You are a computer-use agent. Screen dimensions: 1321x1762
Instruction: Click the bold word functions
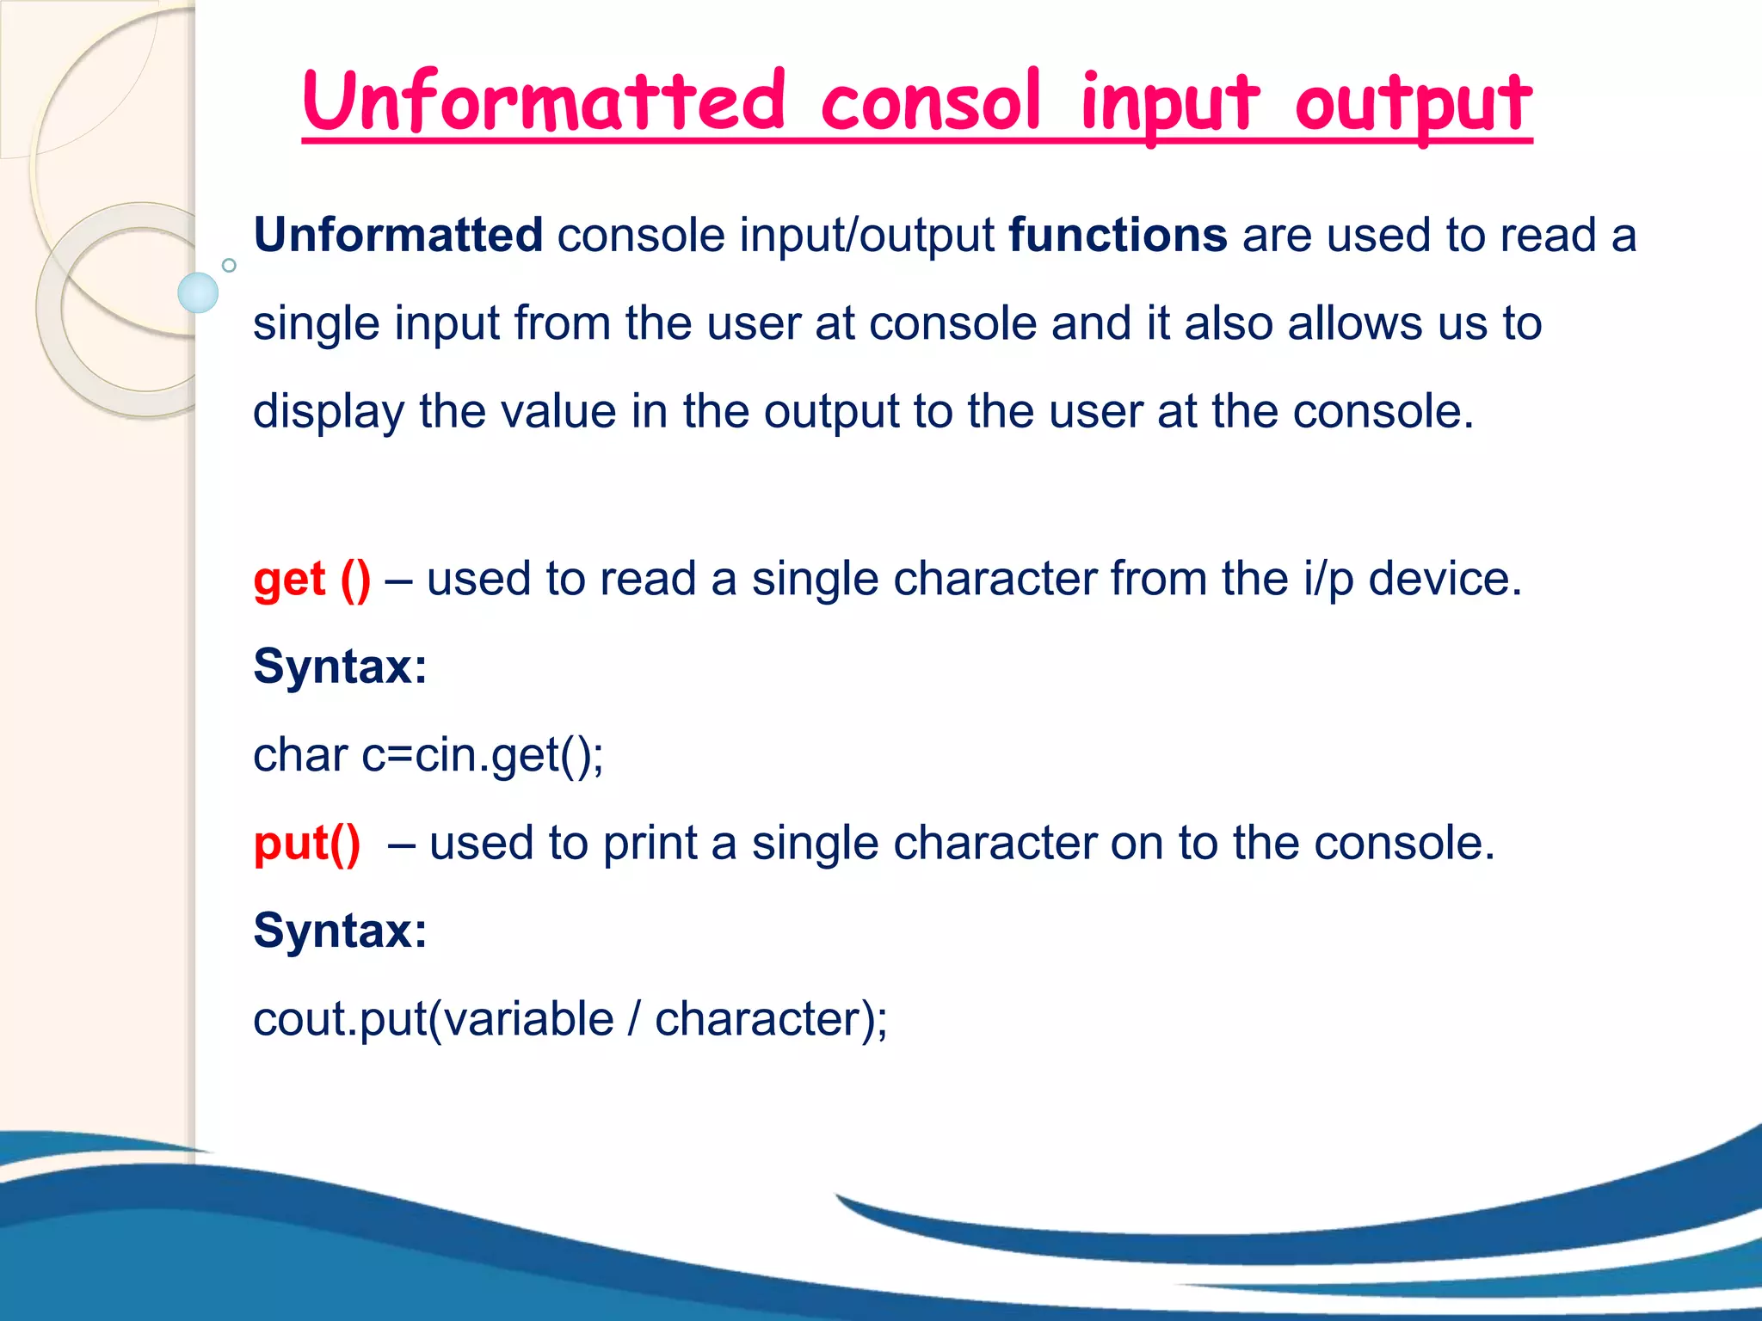[x=1118, y=235]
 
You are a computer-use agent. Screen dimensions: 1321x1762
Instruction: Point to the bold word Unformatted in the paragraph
[x=398, y=235]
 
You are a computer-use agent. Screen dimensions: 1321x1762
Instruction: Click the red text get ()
[x=312, y=579]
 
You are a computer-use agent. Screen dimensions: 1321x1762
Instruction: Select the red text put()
[x=307, y=843]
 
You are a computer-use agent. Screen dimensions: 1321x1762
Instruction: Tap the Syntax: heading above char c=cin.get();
[x=340, y=667]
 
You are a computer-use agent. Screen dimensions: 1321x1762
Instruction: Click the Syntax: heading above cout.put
[x=340, y=931]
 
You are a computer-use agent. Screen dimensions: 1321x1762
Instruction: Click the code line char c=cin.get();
[x=428, y=755]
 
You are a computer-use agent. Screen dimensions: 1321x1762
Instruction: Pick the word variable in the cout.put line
[x=528, y=1019]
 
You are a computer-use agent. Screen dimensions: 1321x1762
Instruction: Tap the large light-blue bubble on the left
[x=198, y=292]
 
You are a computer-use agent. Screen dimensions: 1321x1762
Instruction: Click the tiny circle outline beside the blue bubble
[x=229, y=265]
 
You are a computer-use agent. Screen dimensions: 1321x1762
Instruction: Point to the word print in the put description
[x=650, y=843]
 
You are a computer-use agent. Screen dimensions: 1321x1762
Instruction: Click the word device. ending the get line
[x=1445, y=579]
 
